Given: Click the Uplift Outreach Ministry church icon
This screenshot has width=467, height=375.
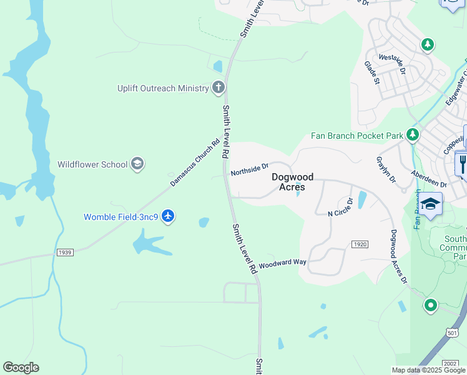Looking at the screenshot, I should [x=219, y=87].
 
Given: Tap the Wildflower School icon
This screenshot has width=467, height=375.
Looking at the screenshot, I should [x=137, y=164].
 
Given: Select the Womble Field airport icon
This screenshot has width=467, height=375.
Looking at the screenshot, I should [x=167, y=216].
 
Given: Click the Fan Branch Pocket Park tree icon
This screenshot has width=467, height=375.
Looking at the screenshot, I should [x=412, y=135].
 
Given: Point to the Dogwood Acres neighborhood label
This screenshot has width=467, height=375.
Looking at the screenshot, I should [x=292, y=182].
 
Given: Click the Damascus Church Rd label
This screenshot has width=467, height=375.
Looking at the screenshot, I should [x=196, y=162].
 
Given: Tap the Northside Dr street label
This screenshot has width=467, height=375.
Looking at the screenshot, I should [x=249, y=169].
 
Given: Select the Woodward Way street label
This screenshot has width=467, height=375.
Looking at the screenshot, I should [x=282, y=264].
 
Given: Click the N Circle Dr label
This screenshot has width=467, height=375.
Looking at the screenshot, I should [x=341, y=207].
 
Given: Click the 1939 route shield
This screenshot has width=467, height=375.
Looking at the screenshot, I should [x=64, y=252].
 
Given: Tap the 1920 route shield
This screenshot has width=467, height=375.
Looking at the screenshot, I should [x=359, y=244].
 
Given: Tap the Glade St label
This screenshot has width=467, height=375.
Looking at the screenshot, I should [x=372, y=72].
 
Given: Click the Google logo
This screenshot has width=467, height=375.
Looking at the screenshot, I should [x=21, y=367].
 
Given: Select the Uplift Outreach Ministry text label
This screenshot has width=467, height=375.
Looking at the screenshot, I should [x=163, y=88].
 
